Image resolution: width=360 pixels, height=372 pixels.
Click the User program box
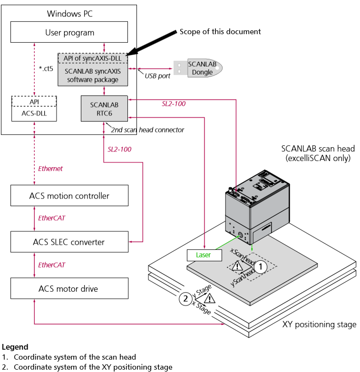click(x=69, y=33)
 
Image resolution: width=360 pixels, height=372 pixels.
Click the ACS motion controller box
click(x=69, y=196)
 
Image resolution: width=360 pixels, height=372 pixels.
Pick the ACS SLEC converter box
click(x=69, y=242)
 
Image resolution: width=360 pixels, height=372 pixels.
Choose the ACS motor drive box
click(x=69, y=288)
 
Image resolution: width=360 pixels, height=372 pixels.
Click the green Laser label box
click(x=203, y=255)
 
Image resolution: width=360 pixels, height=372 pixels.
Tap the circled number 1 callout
click(x=260, y=267)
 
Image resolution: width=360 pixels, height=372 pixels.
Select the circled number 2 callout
click(x=185, y=299)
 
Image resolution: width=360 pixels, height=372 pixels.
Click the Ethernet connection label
click(x=50, y=168)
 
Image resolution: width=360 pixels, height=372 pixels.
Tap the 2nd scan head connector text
click(x=147, y=130)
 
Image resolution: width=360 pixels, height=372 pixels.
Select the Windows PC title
click(x=69, y=13)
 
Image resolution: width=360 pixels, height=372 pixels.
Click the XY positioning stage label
click(x=319, y=324)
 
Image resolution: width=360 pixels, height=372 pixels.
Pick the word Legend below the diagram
click(x=15, y=347)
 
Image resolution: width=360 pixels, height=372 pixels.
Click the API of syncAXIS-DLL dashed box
click(x=93, y=58)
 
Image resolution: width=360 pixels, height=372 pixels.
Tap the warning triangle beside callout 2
click(x=209, y=298)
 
